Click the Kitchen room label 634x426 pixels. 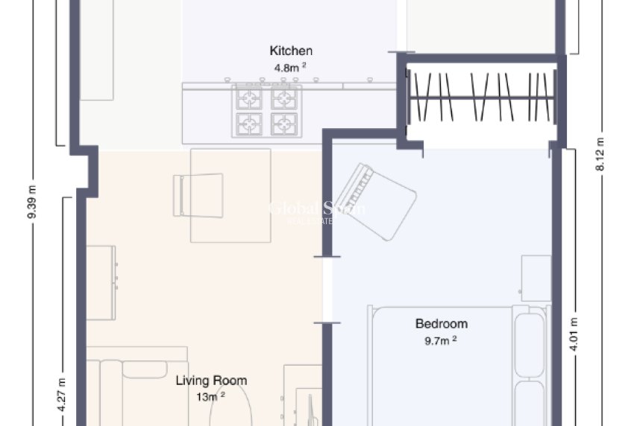(291, 51)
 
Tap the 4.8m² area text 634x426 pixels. (291, 66)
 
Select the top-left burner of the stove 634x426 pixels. (249, 98)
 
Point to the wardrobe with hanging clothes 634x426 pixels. (481, 97)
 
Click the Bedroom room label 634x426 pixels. (442, 324)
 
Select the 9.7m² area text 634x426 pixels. (442, 340)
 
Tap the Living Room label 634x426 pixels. (211, 381)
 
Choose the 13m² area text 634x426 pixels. (211, 397)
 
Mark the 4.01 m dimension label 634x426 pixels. (574, 335)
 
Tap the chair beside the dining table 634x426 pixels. (198, 194)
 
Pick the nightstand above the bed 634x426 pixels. (536, 278)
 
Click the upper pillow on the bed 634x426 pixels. (529, 345)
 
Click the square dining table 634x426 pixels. (230, 195)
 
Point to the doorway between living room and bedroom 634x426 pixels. (326, 290)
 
